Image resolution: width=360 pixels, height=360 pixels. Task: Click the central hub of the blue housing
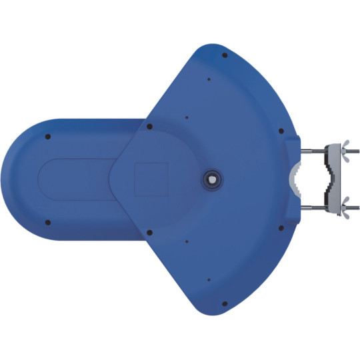point(213,178)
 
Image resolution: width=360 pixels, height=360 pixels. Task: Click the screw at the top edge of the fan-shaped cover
point(225,55)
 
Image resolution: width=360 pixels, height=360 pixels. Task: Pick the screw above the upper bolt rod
point(281,131)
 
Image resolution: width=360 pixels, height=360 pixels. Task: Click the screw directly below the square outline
point(149,233)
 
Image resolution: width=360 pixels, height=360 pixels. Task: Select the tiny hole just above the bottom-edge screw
point(209,280)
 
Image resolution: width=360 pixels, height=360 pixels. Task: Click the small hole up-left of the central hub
point(187,118)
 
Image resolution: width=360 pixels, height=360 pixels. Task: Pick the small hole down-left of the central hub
point(187,241)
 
